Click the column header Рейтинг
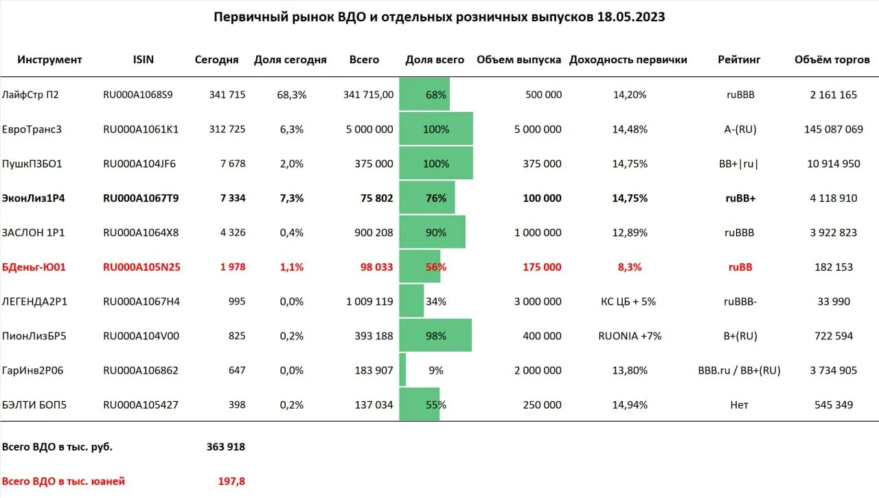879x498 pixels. [x=739, y=60]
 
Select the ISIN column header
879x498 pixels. [x=144, y=59]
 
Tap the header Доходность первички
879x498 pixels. [x=628, y=60]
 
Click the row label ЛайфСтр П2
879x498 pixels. [x=30, y=95]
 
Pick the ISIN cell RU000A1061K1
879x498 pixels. [x=141, y=129]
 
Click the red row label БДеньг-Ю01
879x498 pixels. [x=34, y=267]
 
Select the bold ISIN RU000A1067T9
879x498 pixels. [x=141, y=199]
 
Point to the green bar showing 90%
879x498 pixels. [x=433, y=232]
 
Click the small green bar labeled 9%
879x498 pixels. [x=402, y=370]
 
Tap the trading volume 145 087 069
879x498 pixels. [x=834, y=129]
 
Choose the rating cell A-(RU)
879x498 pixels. [x=740, y=129]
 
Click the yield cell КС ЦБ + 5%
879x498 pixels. [x=628, y=302]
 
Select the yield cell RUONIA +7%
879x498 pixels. [x=630, y=336]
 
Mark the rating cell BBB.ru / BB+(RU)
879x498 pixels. [x=739, y=370]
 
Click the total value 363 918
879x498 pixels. [x=226, y=446]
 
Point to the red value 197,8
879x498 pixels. [x=231, y=481]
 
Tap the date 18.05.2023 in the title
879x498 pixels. [x=631, y=17]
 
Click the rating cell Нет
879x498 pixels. [x=739, y=405]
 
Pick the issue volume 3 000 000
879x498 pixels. [x=538, y=302]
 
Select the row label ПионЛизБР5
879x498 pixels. [x=34, y=336]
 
